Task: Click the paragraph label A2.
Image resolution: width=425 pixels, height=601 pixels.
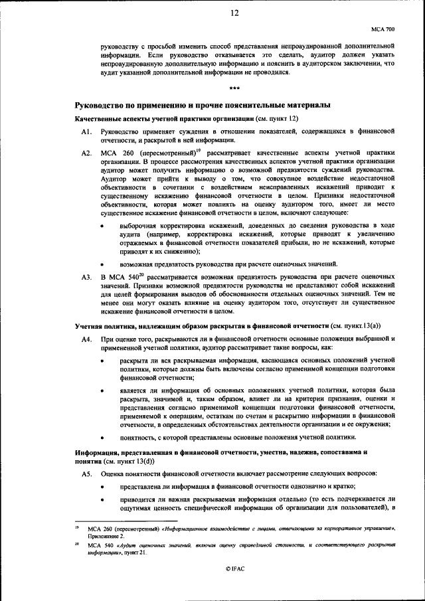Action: (x=86, y=153)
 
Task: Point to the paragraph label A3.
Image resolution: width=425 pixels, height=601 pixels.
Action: (x=86, y=276)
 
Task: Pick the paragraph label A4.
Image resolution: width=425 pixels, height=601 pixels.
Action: (x=86, y=339)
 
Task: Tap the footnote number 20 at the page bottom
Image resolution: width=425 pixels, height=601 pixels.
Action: (x=78, y=543)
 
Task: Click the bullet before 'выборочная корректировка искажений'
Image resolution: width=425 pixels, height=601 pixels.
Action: (x=102, y=226)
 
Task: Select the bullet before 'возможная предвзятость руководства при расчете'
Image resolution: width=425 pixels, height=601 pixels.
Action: (x=102, y=263)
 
